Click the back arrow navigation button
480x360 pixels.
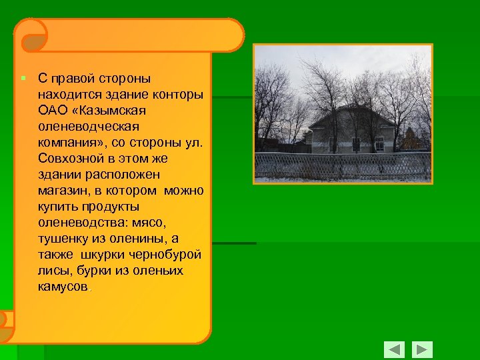(394, 350)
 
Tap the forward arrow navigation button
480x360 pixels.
(421, 350)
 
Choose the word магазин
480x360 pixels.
(62, 190)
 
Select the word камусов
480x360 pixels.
(63, 287)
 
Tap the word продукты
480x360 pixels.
(115, 206)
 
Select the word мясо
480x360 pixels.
(159, 223)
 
